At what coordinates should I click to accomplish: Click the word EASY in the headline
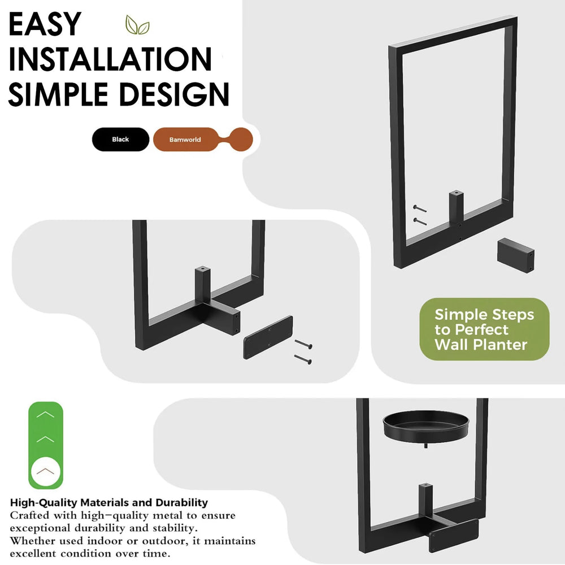coord(45,24)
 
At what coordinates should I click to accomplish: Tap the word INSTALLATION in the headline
coord(110,59)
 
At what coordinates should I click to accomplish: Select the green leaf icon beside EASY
coord(137,25)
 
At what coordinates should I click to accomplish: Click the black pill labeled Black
coord(120,140)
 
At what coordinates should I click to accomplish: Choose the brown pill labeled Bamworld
coord(185,140)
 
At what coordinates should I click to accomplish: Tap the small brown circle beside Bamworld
coord(241,139)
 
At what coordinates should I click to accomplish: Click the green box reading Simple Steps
coord(484,329)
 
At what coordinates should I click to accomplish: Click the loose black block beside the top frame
coord(516,254)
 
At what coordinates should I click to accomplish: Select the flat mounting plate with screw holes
coord(268,337)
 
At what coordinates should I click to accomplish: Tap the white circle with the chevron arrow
coord(45,470)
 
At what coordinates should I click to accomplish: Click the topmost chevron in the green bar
coord(45,414)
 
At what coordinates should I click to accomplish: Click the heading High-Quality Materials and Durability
coord(109,502)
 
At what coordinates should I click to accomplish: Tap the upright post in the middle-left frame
coord(202,280)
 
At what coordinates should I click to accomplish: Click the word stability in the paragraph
coord(169,528)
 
